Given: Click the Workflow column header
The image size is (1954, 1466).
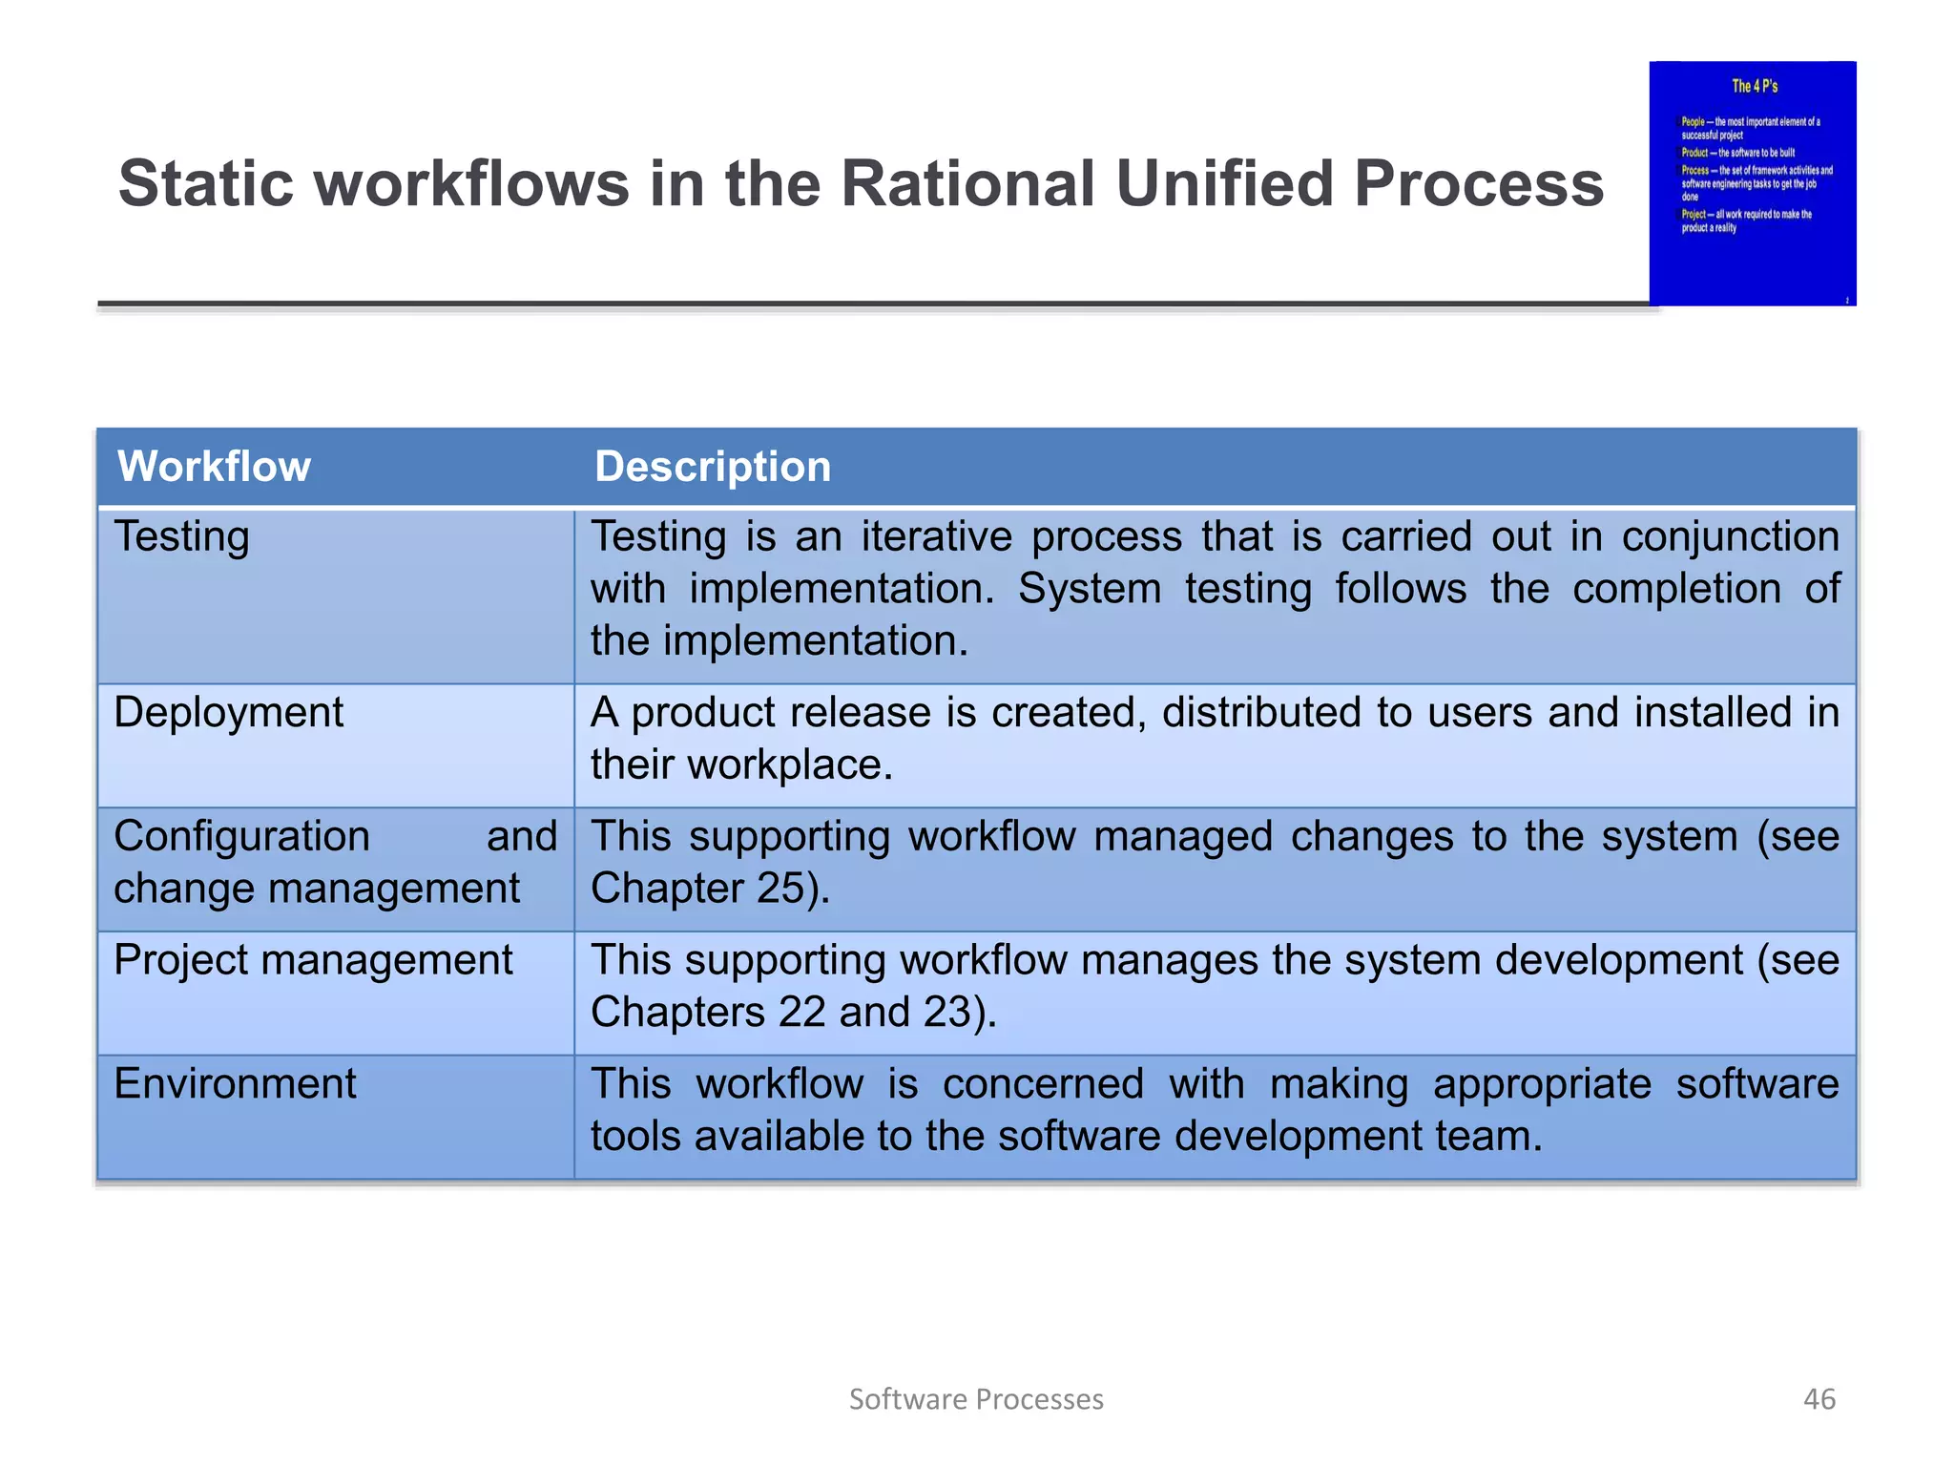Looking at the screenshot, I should [x=214, y=467].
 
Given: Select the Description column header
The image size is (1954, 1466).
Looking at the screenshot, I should [x=712, y=467].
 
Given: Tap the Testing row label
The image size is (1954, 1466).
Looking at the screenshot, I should [x=181, y=537].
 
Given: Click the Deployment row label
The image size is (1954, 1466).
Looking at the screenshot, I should [x=228, y=713].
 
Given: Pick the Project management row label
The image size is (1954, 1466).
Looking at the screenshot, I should [x=313, y=960].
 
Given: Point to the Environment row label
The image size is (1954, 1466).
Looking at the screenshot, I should [x=235, y=1084].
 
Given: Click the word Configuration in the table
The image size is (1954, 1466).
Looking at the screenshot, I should [x=241, y=837].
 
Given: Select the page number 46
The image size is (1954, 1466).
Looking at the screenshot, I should [x=1819, y=1399].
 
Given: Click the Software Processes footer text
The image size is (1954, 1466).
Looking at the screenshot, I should [x=976, y=1399].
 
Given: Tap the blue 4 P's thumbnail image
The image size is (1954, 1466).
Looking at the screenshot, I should [x=1752, y=183].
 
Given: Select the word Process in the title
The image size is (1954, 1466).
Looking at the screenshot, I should [x=1479, y=183].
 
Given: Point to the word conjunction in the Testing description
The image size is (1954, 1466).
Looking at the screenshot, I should [x=1730, y=537].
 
